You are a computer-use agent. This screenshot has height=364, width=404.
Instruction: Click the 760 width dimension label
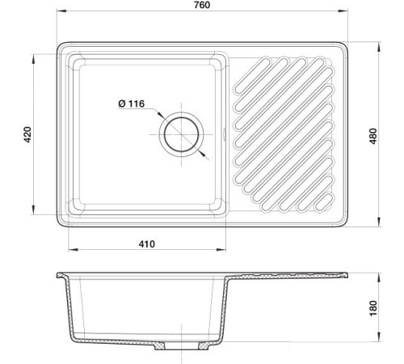point(202,5)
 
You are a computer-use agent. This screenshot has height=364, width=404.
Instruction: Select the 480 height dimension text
point(373,136)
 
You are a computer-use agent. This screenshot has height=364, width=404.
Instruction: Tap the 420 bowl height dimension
point(27,134)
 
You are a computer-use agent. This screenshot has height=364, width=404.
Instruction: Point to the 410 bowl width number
point(147,244)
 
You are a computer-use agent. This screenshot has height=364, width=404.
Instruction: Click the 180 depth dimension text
point(373,308)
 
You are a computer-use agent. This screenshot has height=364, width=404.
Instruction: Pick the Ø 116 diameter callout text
point(132,104)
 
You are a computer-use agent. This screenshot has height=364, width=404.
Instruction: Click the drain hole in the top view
point(181,134)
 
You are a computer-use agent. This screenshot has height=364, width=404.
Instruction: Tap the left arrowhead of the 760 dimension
point(61,11)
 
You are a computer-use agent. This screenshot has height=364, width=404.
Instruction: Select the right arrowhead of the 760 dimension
point(343,11)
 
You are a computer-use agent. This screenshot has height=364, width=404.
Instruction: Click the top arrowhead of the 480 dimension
point(379,46)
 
